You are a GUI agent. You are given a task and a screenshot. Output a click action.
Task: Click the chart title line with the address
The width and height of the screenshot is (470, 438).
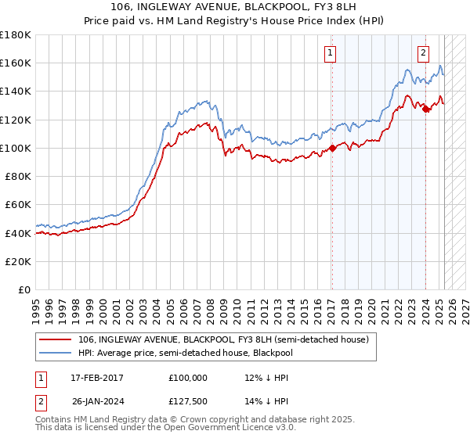tap(234, 8)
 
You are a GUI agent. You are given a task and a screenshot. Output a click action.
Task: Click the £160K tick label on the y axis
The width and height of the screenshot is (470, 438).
tap(16, 63)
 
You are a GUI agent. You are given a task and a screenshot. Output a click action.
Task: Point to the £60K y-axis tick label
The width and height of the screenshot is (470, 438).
tap(18, 204)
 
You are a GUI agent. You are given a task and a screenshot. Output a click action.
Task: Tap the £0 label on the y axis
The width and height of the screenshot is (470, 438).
tap(25, 289)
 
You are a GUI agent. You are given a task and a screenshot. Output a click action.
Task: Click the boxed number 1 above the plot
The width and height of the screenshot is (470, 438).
tap(330, 53)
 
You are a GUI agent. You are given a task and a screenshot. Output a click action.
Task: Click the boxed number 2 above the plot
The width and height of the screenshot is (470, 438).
tap(423, 53)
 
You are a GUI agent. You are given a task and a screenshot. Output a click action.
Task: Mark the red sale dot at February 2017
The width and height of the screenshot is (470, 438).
tap(332, 148)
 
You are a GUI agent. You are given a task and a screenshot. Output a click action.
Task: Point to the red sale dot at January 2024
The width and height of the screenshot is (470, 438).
tap(426, 109)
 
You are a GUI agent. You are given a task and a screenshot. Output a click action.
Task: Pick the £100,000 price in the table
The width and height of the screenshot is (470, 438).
tap(187, 378)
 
